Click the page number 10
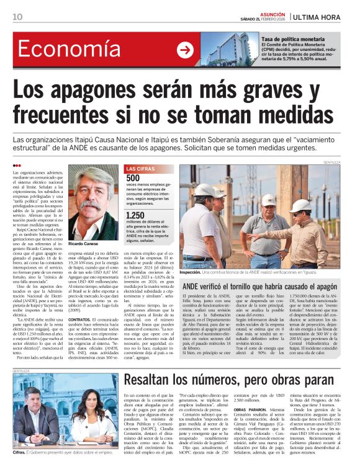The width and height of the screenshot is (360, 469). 17,17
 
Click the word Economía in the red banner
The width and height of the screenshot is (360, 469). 64,50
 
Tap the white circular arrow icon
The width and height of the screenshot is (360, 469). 184,50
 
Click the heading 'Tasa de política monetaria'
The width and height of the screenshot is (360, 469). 292,39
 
